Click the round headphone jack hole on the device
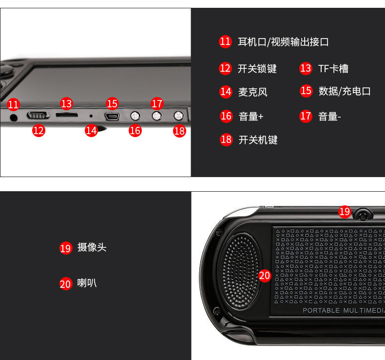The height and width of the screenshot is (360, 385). [14, 117]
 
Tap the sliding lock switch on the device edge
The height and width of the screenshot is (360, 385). [38, 115]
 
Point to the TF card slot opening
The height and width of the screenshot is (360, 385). [67, 115]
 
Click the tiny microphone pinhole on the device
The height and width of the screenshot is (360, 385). [91, 116]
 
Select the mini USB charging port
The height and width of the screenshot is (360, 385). [112, 116]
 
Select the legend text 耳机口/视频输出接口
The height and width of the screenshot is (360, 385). [283, 42]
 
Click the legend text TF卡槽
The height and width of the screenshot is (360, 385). [333, 69]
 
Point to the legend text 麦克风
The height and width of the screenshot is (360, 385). [252, 92]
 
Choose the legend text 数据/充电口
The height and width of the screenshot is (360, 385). [345, 91]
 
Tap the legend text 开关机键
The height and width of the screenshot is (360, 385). [258, 140]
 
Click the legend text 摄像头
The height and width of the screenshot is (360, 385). [92, 247]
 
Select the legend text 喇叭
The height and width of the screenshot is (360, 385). [87, 283]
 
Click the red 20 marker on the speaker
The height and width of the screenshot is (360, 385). [265, 276]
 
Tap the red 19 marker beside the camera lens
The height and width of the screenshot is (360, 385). [345, 212]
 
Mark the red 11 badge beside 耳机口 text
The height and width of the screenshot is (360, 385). [225, 41]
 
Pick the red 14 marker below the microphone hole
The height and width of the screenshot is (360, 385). [91, 130]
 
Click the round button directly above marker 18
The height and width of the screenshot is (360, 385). [178, 116]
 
